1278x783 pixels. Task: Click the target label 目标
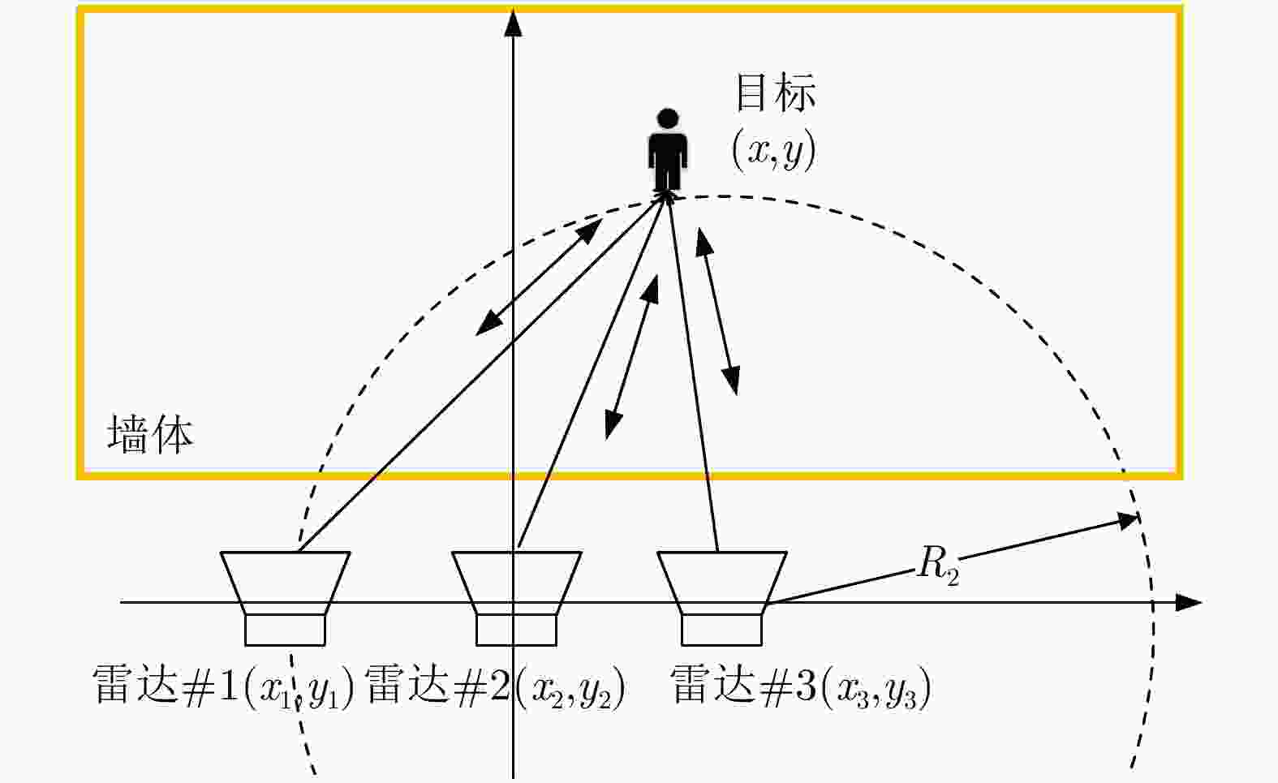click(x=776, y=92)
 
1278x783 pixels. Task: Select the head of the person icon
click(x=668, y=118)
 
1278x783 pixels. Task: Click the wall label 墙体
click(x=151, y=434)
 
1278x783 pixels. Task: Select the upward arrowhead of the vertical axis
click(x=514, y=23)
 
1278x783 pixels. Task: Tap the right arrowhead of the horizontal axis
click(x=1189, y=603)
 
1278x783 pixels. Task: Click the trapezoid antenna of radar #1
click(x=286, y=583)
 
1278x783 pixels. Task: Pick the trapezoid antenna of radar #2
click(x=517, y=583)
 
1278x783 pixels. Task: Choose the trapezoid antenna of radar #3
click(x=722, y=583)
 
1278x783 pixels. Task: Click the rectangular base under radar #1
click(x=286, y=630)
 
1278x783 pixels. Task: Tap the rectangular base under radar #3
click(x=722, y=630)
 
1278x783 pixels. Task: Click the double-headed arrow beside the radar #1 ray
click(x=539, y=277)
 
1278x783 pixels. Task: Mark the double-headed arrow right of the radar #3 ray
click(x=718, y=311)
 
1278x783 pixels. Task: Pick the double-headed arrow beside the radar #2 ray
click(x=631, y=357)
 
